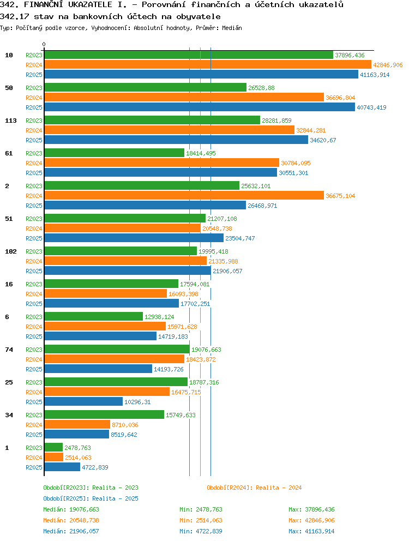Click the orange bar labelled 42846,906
coord(208,64)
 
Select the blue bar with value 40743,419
coord(200,107)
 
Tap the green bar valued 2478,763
coord(53,448)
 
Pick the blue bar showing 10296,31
coord(83,401)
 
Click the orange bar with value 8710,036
coord(77,425)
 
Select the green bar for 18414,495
coord(114,153)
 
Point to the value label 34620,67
coord(323,140)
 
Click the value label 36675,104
coord(340,196)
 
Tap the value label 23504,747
coord(240,238)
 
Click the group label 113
coord(11,121)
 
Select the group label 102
coord(11,251)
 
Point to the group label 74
coord(9,350)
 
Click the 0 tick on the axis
coord(44,44)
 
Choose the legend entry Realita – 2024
coord(254,488)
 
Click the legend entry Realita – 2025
coord(91,498)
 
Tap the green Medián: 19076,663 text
coord(71,509)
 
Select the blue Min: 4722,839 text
coord(201,531)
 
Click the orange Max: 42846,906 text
coord(311,520)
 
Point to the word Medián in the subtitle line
coord(232,28)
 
